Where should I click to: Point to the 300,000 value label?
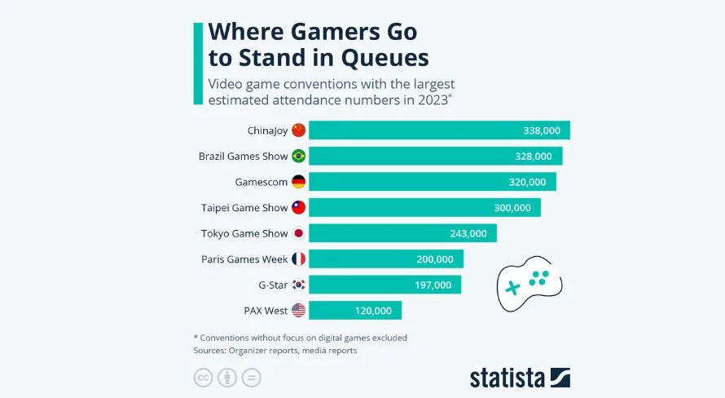(512, 208)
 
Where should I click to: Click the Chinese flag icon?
(298, 130)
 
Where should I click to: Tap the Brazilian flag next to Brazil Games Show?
(298, 157)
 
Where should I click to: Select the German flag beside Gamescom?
(298, 182)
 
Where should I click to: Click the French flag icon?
(298, 259)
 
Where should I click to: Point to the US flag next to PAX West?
(298, 311)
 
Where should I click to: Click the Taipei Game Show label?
(244, 208)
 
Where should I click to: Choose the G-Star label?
(272, 285)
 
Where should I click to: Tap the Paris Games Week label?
(244, 259)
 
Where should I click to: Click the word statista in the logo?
(507, 378)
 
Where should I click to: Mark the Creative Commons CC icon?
(202, 378)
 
